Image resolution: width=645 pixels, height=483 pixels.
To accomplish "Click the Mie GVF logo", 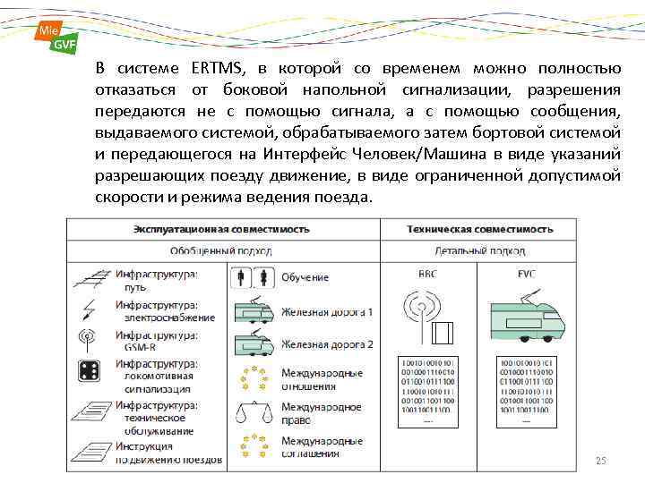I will (x=56, y=38).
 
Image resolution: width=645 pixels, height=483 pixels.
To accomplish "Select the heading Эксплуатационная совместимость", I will (x=221, y=228).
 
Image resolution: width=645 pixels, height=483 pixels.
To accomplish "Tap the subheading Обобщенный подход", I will (x=221, y=250).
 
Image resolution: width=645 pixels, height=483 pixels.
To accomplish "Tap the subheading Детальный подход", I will (x=479, y=250).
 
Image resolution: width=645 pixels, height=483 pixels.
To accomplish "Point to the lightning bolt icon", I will (x=89, y=309).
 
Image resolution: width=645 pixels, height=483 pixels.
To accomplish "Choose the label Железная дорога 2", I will (x=327, y=344).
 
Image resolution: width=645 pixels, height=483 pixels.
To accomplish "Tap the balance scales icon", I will (x=250, y=412).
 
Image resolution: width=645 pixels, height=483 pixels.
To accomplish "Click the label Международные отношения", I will (x=321, y=377).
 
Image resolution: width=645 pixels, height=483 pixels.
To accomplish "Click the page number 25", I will (x=600, y=461).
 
